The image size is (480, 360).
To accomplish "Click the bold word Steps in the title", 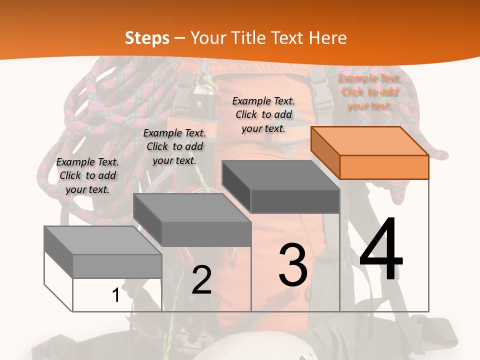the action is pyautogui.click(x=147, y=38).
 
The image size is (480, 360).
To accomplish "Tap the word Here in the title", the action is pyautogui.click(x=327, y=38).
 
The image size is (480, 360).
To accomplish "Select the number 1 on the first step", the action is pyautogui.click(x=115, y=295).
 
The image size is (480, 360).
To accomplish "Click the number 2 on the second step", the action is pyautogui.click(x=201, y=279).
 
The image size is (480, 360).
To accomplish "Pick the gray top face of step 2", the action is pyautogui.click(x=192, y=208).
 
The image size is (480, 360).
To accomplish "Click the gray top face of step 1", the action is pyautogui.click(x=103, y=240).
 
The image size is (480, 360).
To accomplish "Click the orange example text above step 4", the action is pyautogui.click(x=369, y=92).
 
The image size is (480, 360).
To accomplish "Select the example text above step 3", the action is pyautogui.click(x=263, y=114).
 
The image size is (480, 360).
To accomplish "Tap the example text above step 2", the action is pyautogui.click(x=174, y=146).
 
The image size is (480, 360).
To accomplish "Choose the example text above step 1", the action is pyautogui.click(x=87, y=175).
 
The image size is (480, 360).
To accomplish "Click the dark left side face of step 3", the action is pyautogui.click(x=236, y=186).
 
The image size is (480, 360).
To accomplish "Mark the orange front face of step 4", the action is pyautogui.click(x=384, y=167).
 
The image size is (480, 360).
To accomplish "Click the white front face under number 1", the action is pyautogui.click(x=117, y=295).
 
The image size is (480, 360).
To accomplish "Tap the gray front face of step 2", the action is pyautogui.click(x=206, y=234).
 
